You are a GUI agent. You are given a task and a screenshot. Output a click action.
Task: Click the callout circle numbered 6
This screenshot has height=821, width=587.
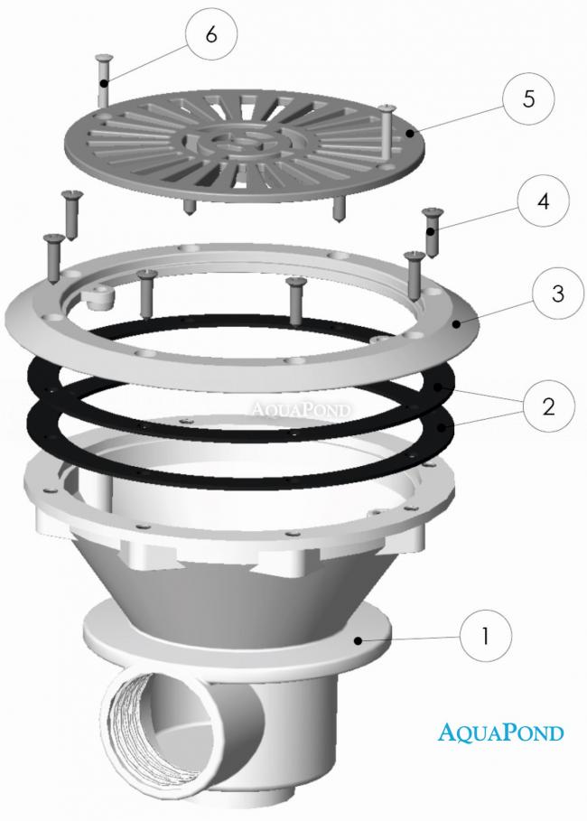tap(211, 34)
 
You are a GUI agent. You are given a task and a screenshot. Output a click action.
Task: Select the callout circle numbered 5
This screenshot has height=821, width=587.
tap(528, 98)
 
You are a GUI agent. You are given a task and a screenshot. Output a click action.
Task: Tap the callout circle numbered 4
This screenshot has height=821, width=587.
tap(543, 201)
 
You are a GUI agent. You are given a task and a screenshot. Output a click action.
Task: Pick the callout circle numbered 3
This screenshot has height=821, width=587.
tap(558, 293)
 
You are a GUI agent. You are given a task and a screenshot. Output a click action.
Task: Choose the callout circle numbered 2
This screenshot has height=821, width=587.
tap(548, 406)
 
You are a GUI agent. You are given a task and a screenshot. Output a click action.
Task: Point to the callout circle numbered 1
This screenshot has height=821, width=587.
tap(486, 636)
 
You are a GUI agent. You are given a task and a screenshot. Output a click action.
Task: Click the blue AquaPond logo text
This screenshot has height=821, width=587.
tap(500, 732)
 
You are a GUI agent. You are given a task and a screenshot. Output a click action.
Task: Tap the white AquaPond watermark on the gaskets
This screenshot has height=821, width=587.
tap(301, 409)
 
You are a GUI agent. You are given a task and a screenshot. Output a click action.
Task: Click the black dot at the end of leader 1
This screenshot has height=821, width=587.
tap(359, 640)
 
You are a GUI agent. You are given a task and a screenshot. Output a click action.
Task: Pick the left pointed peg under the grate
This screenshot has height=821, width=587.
tap(189, 208)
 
